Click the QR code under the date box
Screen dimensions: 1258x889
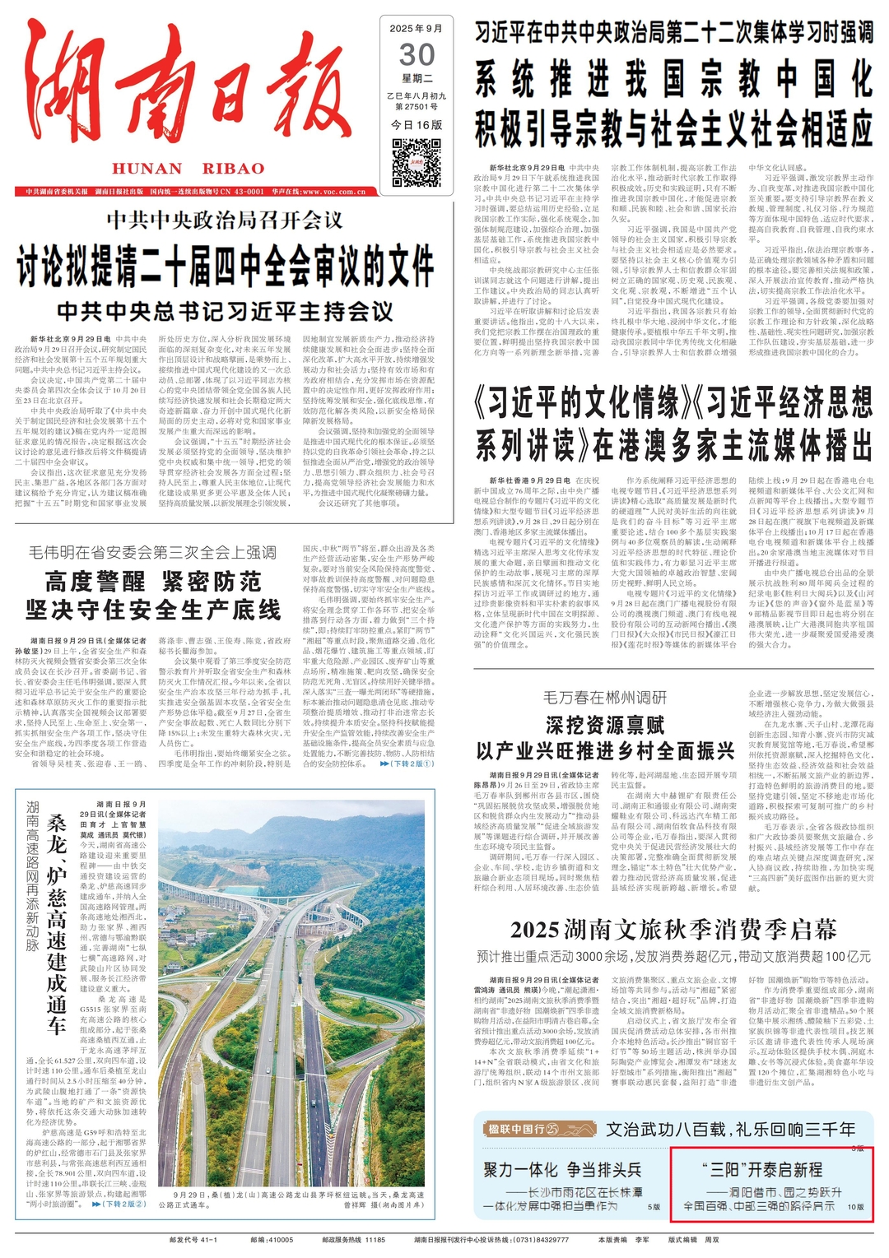[x=417, y=162]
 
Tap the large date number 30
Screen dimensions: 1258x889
[x=417, y=54]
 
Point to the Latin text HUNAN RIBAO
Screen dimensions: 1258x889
[x=189, y=169]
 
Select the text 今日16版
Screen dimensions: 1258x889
[x=417, y=125]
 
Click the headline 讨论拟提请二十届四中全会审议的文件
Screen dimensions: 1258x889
[x=225, y=265]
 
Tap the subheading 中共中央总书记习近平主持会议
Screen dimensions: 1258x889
[x=225, y=311]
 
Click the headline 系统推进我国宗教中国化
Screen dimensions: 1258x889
[x=673, y=81]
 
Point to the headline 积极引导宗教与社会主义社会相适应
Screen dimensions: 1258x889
[x=673, y=129]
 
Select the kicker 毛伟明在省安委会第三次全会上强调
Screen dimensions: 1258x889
[x=153, y=552]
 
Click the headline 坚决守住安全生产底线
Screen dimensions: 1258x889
[x=153, y=610]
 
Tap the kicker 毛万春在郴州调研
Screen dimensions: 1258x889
[x=605, y=698]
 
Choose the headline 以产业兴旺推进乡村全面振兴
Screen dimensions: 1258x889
[x=605, y=750]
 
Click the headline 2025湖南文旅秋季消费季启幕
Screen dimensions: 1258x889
[x=673, y=930]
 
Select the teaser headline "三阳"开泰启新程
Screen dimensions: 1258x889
[x=762, y=1169]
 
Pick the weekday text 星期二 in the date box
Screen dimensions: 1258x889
[x=417, y=79]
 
